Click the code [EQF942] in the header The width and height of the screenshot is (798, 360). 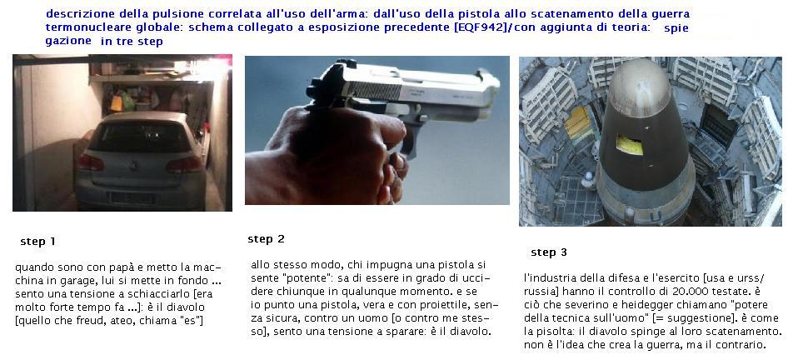(x=480, y=27)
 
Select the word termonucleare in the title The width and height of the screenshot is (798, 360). (x=78, y=27)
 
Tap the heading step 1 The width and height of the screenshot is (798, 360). (x=37, y=242)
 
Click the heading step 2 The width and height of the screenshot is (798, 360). (x=266, y=239)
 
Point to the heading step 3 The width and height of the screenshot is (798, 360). (x=549, y=252)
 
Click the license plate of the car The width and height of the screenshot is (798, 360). (x=133, y=197)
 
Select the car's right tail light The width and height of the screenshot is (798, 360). (x=184, y=164)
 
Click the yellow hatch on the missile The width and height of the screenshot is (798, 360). (x=629, y=145)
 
